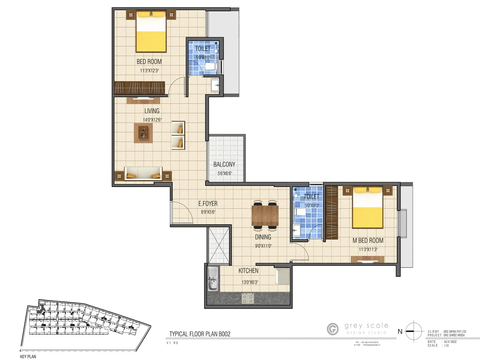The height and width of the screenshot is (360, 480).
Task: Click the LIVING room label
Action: coord(152,111)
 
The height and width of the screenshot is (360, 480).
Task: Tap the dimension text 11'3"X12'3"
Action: coord(149,71)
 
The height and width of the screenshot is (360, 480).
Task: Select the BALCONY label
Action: coord(224,164)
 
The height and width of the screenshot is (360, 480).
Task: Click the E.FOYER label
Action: coord(208,204)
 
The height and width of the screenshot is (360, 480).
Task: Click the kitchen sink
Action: coord(213,279)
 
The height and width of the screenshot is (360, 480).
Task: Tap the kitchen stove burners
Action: coord(248,298)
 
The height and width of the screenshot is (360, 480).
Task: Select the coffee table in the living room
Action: coord(143,133)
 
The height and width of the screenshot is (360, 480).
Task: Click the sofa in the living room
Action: coord(143,174)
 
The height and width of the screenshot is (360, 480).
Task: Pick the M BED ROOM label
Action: coord(368,241)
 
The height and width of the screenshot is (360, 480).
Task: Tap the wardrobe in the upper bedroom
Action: coord(139,88)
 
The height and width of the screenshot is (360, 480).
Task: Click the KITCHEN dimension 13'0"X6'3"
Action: coord(250,282)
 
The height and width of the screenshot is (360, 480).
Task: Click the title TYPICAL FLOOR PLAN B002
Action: coord(200,334)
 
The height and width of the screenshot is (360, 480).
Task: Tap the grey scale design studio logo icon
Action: coord(333,329)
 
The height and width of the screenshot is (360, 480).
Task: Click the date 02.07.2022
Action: coord(450,342)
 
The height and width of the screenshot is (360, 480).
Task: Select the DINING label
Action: coord(263,237)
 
